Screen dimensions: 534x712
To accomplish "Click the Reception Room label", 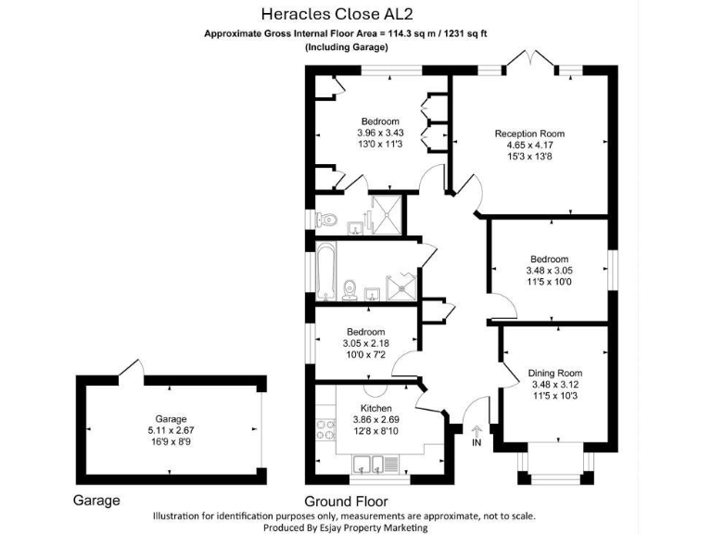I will tap(529, 133).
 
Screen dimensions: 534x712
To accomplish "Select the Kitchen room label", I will tap(375, 408).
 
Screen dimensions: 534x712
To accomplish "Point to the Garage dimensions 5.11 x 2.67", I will tap(171, 430).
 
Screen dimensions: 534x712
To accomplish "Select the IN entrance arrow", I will tap(477, 430).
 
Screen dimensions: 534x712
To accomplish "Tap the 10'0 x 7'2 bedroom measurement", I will tap(365, 355).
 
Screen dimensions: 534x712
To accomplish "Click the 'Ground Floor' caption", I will tap(347, 501).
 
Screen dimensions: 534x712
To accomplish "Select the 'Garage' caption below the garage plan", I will tap(96, 501).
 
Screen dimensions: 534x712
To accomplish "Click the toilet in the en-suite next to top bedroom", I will tap(326, 221).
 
